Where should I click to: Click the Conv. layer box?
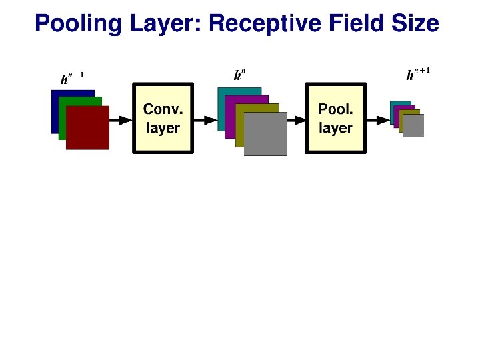[163, 119]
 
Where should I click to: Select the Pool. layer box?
[335, 119]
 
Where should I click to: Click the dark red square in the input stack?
[87, 127]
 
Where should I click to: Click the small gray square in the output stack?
[413, 126]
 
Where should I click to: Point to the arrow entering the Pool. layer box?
[297, 120]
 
